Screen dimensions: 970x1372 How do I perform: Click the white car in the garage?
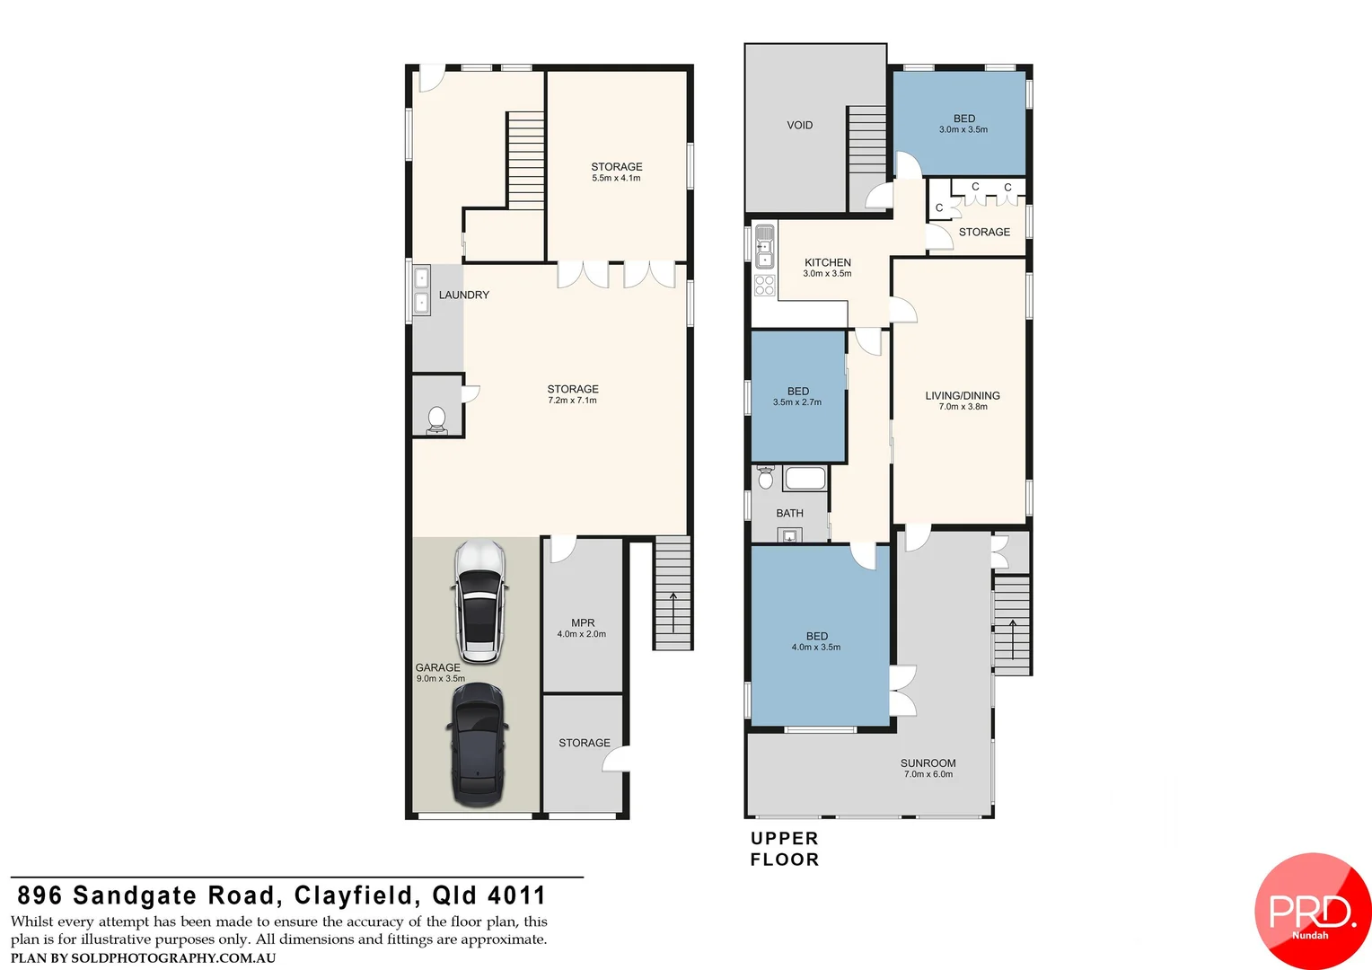click(480, 601)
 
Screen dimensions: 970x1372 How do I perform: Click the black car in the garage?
click(477, 745)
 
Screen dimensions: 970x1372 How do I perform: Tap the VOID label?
click(799, 126)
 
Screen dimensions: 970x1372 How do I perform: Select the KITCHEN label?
click(827, 262)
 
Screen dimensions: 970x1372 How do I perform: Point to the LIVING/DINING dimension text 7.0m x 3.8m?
click(963, 407)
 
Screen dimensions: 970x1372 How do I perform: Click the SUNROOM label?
click(928, 763)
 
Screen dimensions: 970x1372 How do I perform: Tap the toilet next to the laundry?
click(436, 419)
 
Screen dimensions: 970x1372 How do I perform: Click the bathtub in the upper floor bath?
click(805, 478)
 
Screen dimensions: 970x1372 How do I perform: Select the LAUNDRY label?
click(463, 295)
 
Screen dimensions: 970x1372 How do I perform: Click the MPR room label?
click(582, 622)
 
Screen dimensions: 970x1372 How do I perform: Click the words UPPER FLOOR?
click(784, 849)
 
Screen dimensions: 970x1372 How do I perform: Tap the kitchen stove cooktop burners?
click(764, 286)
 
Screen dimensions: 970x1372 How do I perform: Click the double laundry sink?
click(420, 290)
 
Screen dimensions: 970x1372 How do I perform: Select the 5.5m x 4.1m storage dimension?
click(616, 179)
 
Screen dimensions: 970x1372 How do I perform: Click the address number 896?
click(40, 895)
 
